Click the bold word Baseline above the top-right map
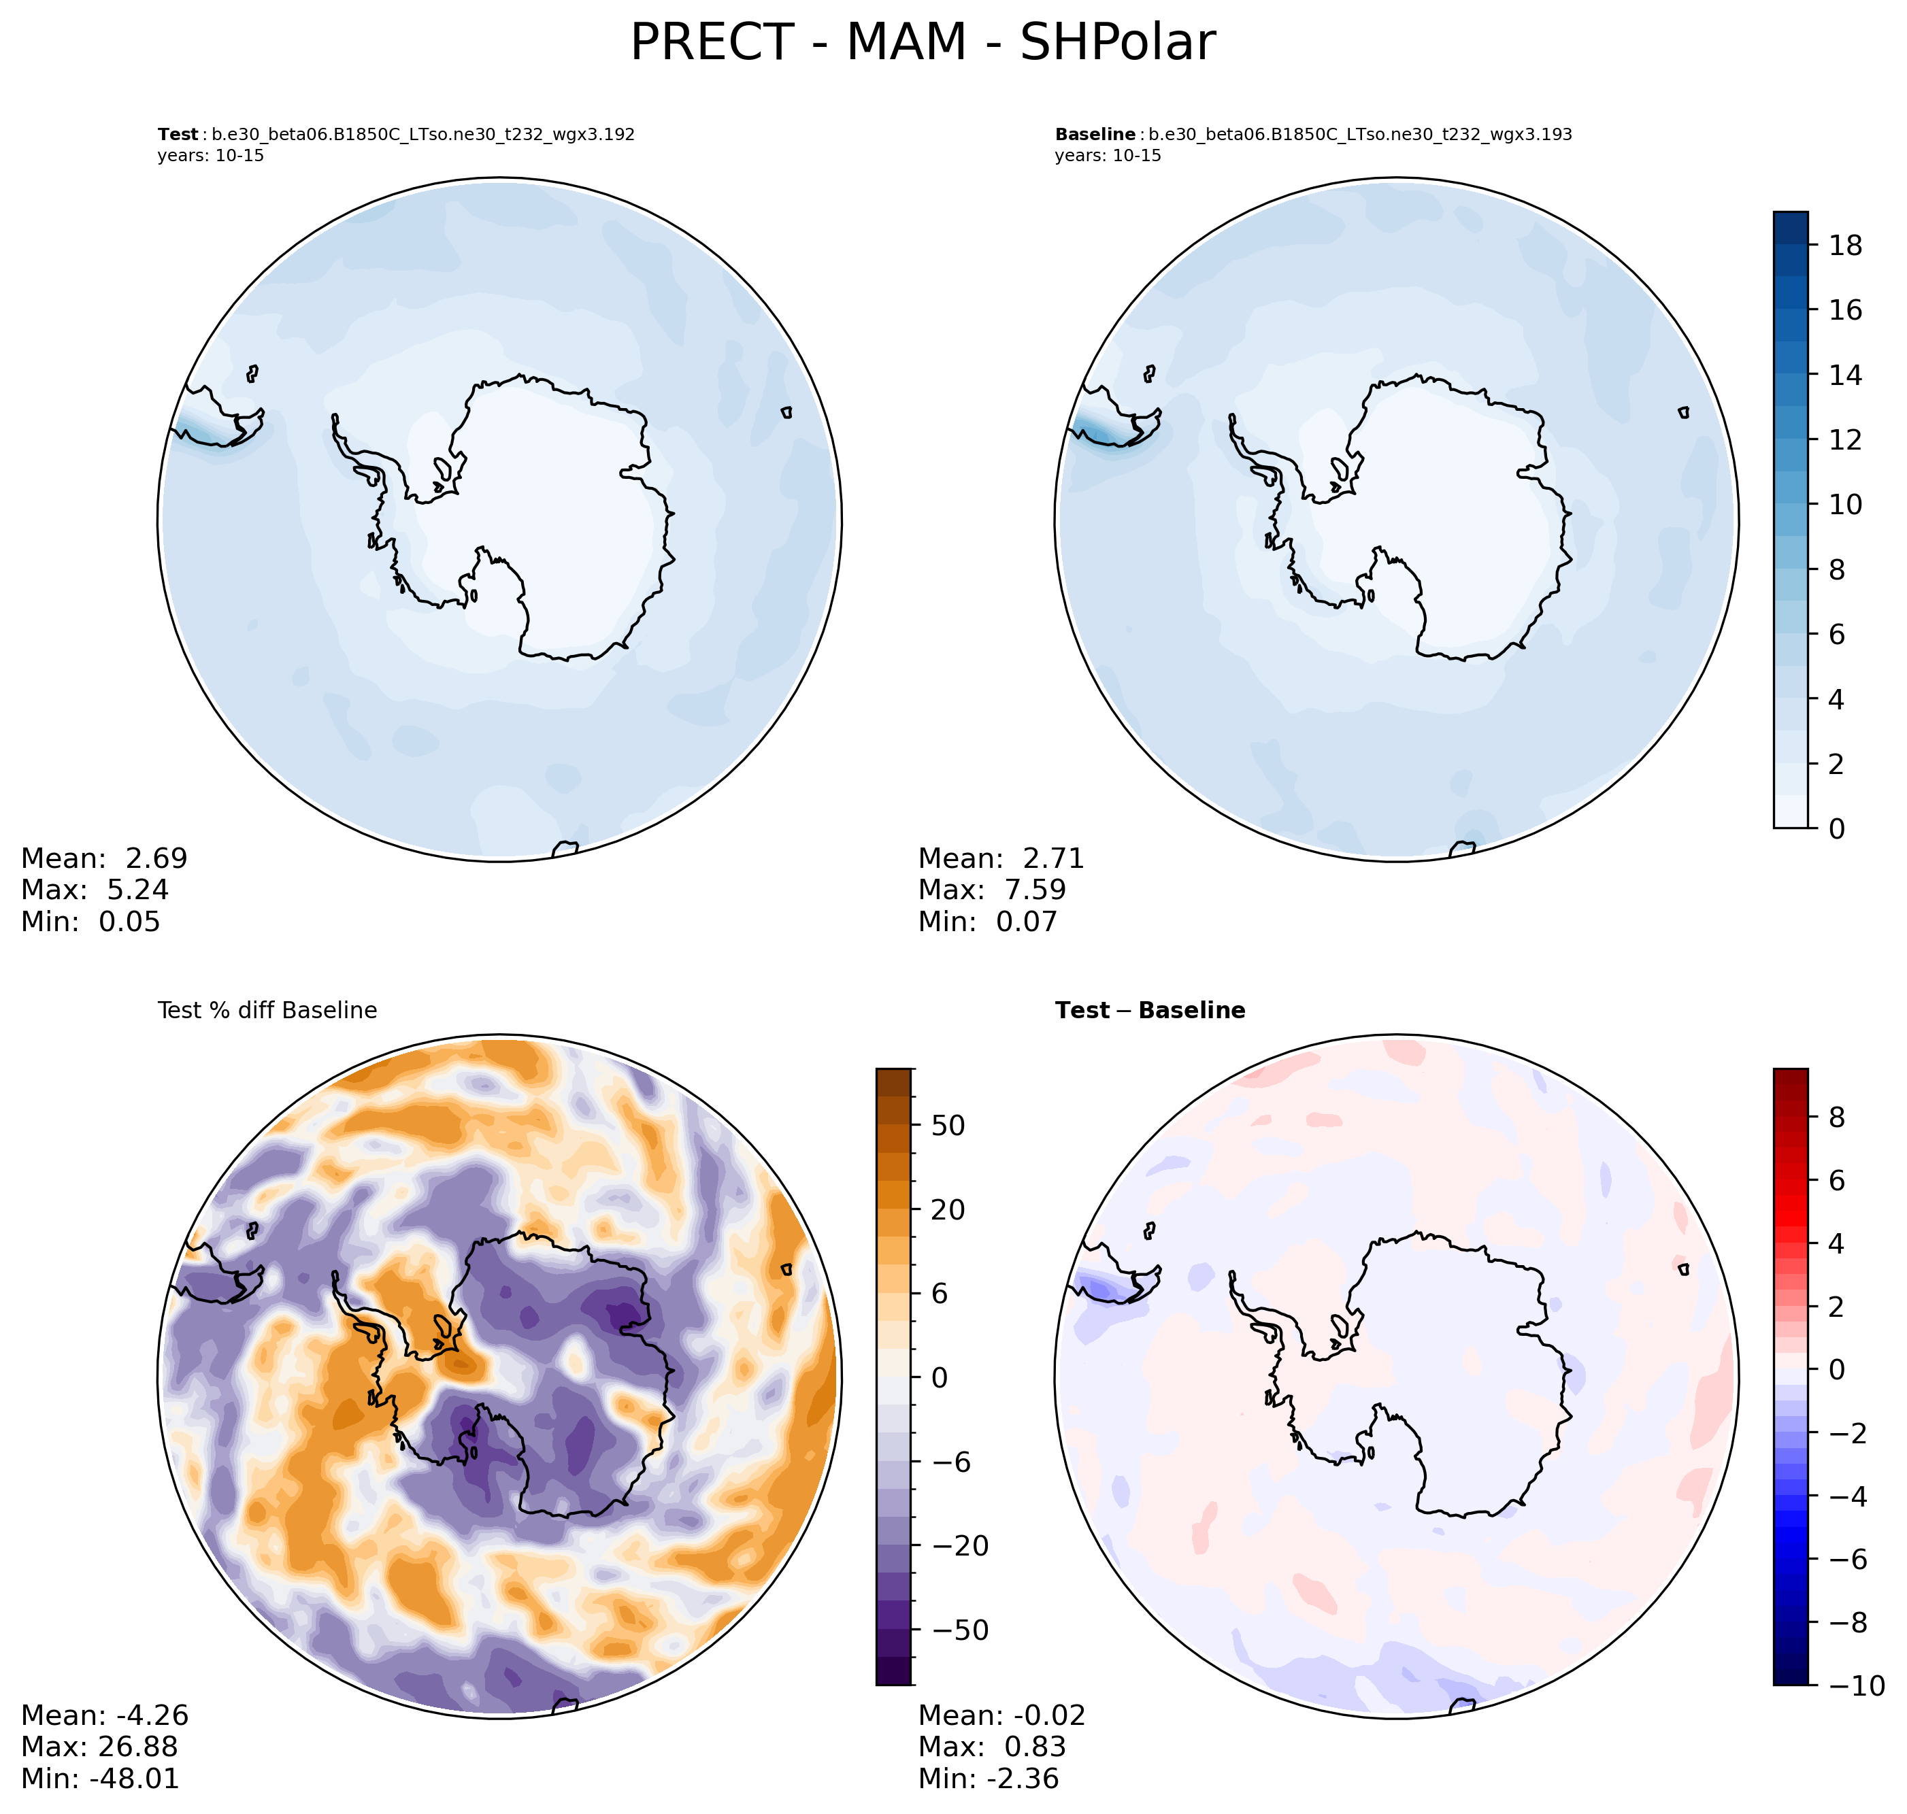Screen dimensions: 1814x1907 tap(1095, 135)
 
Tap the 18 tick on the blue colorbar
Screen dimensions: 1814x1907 tap(1845, 246)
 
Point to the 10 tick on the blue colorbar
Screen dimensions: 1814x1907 tap(1845, 505)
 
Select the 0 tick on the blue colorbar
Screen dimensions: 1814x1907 tap(1838, 828)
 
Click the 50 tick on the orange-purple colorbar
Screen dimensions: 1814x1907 tap(948, 1126)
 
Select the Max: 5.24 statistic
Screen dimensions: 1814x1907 tap(95, 890)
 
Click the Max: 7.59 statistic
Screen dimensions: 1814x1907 tap(992, 890)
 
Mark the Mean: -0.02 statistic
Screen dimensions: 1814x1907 tap(1002, 1715)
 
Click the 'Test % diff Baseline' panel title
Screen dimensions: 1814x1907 tap(267, 1011)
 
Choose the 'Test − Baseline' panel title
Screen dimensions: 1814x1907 tap(1150, 1011)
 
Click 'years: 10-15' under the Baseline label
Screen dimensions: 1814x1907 tap(1108, 156)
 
